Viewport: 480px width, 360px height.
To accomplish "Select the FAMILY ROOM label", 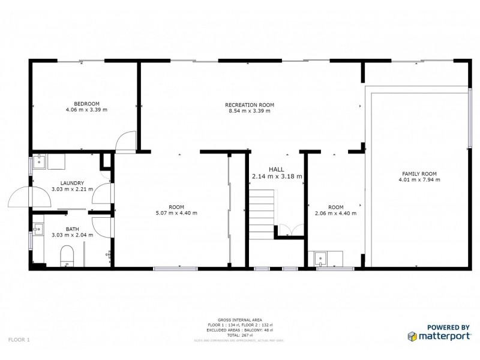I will point(419,173).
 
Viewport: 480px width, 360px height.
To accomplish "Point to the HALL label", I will point(276,169).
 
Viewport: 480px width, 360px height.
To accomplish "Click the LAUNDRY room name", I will point(72,183).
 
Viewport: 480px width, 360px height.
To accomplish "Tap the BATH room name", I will point(72,229).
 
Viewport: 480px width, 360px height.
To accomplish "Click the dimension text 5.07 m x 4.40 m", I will point(176,213).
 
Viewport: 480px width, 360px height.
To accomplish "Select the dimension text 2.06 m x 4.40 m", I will point(335,213).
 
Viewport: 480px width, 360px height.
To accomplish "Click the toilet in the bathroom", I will point(67,255).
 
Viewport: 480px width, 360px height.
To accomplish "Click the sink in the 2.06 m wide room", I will point(320,259).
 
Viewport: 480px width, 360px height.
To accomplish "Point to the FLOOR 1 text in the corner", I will point(19,340).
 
